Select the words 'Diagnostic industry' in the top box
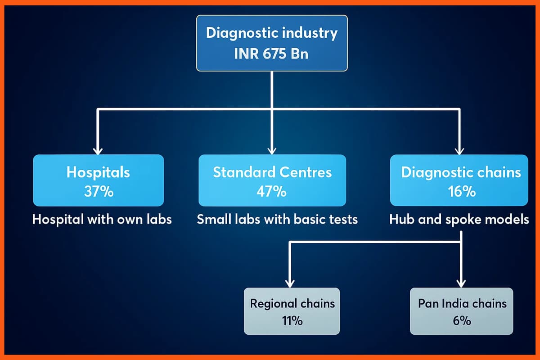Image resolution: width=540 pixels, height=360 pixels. (272, 33)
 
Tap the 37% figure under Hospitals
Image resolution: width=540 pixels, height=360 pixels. (99, 191)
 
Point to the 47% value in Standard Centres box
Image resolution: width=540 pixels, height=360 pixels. (272, 191)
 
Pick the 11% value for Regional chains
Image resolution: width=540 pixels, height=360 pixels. (292, 320)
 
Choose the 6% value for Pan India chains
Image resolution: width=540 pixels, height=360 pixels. (462, 320)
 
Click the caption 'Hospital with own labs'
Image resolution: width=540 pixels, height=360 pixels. (102, 220)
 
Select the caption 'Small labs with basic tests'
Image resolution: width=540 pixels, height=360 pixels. (277, 220)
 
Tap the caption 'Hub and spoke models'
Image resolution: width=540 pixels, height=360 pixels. (459, 220)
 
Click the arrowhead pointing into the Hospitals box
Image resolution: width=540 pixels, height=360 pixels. (98, 150)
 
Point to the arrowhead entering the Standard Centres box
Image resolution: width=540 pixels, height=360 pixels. (271, 150)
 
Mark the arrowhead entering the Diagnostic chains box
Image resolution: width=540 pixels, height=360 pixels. (459, 150)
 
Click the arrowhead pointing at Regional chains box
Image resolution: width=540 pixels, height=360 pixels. (290, 283)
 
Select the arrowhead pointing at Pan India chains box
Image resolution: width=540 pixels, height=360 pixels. (461, 283)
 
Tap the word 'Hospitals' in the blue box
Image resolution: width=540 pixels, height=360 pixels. (98, 172)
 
